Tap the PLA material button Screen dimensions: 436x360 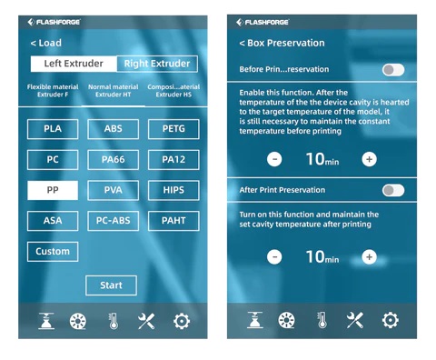coord(53,129)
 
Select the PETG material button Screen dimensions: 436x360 coord(173,129)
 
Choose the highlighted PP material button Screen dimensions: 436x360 coord(53,190)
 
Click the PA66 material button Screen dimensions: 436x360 coord(114,160)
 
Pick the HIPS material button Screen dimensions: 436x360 coord(173,190)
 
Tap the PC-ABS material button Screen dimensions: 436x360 coord(114,221)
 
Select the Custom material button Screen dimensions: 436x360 coord(53,252)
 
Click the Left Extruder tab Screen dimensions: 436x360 coord(74,64)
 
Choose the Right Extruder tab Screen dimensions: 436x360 coord(157,64)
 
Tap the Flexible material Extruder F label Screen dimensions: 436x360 coord(53,91)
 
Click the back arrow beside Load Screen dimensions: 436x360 coord(33,43)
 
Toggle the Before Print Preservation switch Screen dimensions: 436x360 coord(393,70)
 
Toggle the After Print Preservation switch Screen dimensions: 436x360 coord(393,190)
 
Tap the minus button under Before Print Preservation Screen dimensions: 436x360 coord(274,159)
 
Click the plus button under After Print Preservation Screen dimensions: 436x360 coord(369,257)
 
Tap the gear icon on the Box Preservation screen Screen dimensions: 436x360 coord(391,320)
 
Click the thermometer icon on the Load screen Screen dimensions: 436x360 coord(114,321)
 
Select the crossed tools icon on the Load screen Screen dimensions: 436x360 coord(146,321)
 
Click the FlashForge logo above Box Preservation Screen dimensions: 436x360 coord(263,22)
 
